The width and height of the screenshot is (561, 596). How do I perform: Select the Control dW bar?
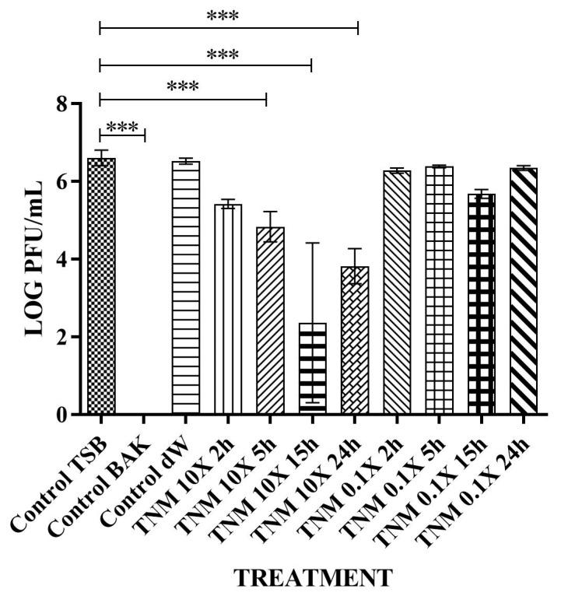click(x=185, y=288)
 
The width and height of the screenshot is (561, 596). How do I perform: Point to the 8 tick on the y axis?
click(x=73, y=103)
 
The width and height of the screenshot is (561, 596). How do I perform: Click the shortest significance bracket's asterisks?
click(x=121, y=127)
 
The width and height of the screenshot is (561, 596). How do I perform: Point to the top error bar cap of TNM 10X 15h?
click(x=312, y=243)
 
